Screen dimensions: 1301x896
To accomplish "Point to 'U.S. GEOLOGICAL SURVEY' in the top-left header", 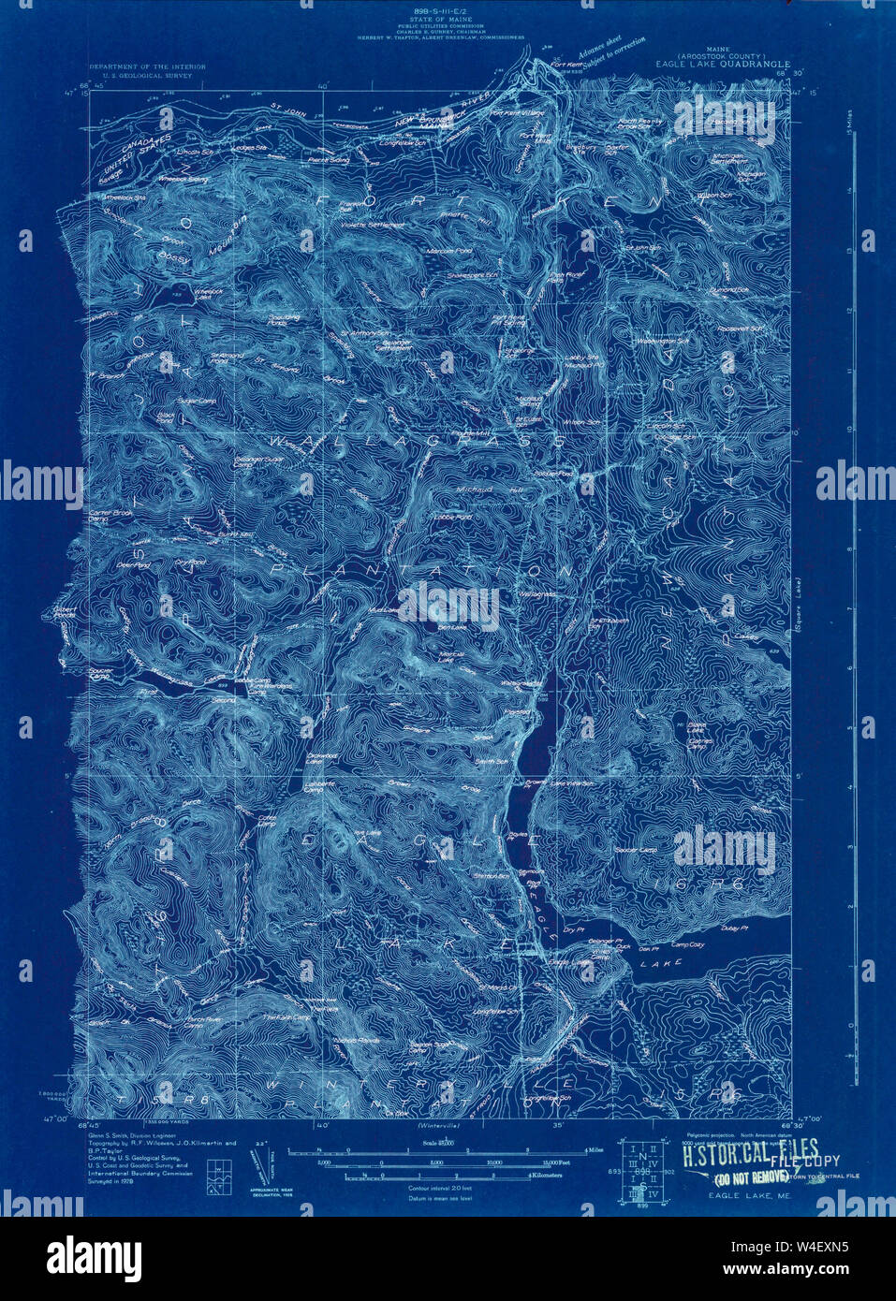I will pyautogui.click(x=140, y=75).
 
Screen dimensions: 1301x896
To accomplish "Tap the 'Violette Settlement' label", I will pyautogui.click(x=374, y=226).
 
